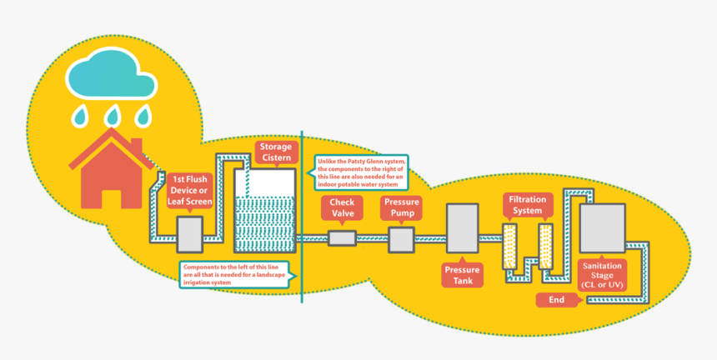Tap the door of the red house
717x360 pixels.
[111, 197]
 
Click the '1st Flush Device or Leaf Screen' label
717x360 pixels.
[192, 190]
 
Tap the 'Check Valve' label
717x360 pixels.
[343, 207]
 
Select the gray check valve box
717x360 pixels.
[342, 238]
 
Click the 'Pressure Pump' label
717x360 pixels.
[401, 207]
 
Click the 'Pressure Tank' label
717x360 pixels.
[464, 276]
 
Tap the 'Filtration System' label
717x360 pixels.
[527, 206]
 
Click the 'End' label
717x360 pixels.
[556, 300]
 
